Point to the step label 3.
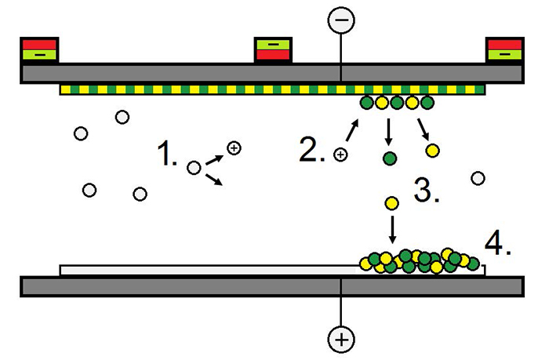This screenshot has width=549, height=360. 426,190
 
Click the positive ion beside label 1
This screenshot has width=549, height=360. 233,147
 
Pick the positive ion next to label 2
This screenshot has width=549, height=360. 340,155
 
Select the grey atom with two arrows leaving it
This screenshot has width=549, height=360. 194,167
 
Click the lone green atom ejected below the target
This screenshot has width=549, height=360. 389,159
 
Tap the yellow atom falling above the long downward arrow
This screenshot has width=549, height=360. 392,204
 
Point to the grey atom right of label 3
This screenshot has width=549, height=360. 477,178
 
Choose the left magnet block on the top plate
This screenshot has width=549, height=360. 38,49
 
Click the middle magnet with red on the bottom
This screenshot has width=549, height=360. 274,49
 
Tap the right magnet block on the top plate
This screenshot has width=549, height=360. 505,49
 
